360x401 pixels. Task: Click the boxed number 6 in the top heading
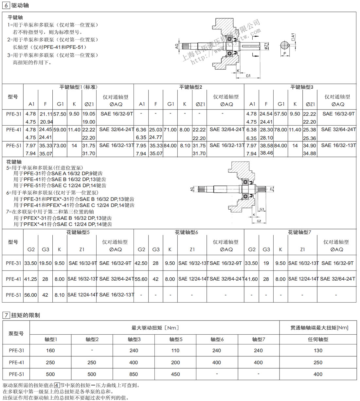click(7, 5)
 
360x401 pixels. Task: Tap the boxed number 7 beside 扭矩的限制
click(6, 315)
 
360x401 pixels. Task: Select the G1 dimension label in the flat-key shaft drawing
click(248, 76)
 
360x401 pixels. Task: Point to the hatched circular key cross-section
click(286, 45)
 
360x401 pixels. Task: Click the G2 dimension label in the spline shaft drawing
click(259, 221)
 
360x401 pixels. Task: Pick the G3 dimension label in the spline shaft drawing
click(261, 209)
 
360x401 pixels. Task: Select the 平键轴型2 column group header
click(190, 87)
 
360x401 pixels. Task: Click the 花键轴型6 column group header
click(186, 232)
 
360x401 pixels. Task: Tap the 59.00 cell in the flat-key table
click(60, 130)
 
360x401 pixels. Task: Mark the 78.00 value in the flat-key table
click(280, 130)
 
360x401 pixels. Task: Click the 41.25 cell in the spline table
click(30, 279)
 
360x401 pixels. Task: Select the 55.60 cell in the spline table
click(141, 279)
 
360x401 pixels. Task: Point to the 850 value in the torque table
click(134, 374)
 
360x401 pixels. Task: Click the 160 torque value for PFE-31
click(50, 351)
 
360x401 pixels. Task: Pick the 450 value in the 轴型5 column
click(175, 374)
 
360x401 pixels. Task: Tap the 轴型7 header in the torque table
click(259, 340)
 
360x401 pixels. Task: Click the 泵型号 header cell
click(16, 334)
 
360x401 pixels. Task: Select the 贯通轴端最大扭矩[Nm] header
click(319, 328)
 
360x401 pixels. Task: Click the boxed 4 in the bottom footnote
click(57, 386)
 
